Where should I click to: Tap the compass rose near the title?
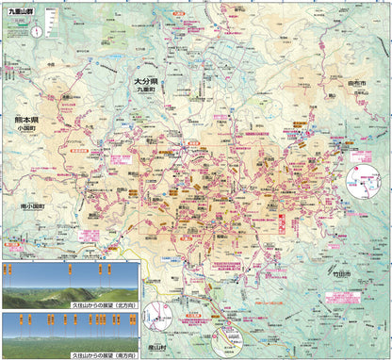(x=36, y=29)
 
